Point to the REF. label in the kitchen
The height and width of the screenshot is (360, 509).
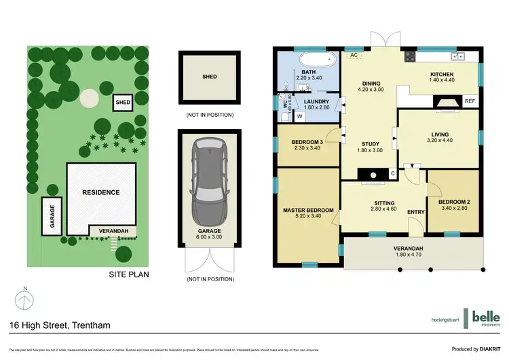click(x=470, y=101)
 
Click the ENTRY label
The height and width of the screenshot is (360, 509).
click(x=415, y=213)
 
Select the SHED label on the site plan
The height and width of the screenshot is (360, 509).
click(x=123, y=103)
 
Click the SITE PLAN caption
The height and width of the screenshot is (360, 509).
click(x=129, y=275)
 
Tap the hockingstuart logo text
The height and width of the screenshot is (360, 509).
click(x=445, y=320)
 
